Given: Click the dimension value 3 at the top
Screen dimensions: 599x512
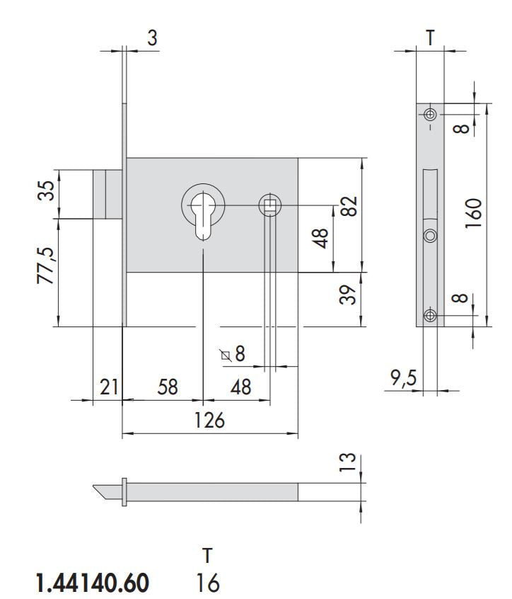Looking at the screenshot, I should click(x=151, y=38).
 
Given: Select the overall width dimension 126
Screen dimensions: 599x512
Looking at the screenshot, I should click(x=209, y=420).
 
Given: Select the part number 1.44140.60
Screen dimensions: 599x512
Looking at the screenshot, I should click(x=92, y=583).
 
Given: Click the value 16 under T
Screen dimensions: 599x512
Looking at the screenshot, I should click(x=207, y=583).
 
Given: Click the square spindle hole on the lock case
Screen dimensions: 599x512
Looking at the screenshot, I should click(x=269, y=205).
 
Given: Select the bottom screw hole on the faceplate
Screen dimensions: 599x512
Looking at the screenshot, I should click(x=429, y=315).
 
